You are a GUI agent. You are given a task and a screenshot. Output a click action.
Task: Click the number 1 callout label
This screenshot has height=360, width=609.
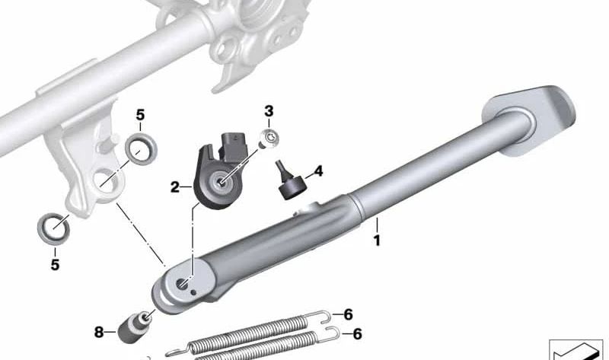(x=376, y=241)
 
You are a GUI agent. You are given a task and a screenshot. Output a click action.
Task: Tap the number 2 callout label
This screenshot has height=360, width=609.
(x=175, y=186)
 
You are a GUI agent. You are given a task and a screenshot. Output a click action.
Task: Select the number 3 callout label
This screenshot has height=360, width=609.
(x=269, y=111)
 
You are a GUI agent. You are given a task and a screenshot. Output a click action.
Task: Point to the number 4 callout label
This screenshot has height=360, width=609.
(x=318, y=172)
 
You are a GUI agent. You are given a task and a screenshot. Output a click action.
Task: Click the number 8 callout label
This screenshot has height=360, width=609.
(x=98, y=332)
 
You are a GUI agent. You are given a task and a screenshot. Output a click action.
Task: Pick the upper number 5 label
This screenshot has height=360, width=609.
(x=139, y=115)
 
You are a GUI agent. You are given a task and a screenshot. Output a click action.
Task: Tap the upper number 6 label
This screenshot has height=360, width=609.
(x=348, y=314)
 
